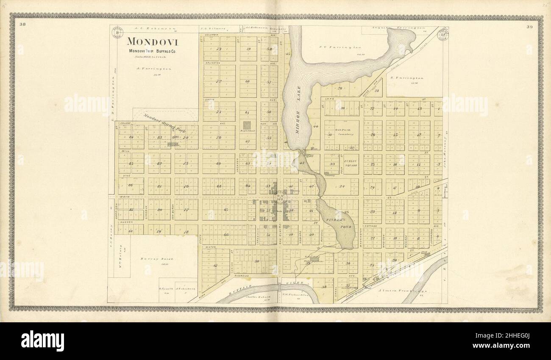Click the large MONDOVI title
point(153,42)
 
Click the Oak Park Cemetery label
point(342,132)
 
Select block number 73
point(219,49)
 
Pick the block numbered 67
point(215,266)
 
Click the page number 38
point(23,24)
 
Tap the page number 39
point(529,27)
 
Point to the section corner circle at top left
point(117,32)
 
